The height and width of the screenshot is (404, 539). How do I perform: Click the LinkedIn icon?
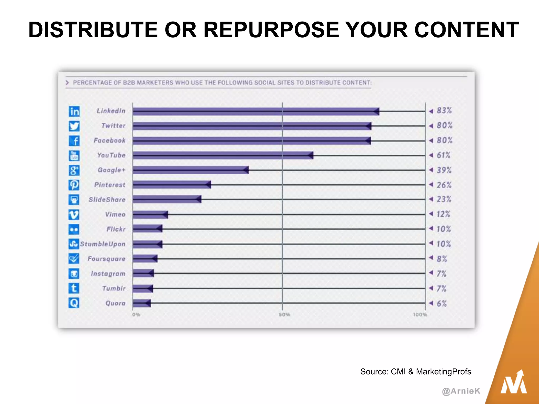pos(74,111)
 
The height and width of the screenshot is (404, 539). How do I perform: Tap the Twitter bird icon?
pos(74,126)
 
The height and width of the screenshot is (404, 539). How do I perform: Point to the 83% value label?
pos(444,110)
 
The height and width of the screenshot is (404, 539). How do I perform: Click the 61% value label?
pos(443,155)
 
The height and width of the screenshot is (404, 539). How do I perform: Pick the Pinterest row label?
pos(110,185)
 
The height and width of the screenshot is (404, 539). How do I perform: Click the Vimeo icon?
pos(74,215)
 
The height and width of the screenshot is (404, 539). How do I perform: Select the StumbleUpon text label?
pos(103,244)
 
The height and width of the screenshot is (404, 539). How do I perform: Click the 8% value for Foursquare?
pos(442,259)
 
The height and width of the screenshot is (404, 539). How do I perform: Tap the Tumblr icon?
pos(74,288)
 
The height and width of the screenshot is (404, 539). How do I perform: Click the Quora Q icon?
pos(74,303)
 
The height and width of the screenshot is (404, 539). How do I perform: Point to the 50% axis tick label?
pos(284,315)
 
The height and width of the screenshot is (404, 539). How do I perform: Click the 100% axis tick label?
pos(420,315)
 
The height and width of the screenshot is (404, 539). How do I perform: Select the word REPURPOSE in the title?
pos(271,30)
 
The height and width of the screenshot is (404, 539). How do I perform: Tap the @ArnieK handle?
pos(461,391)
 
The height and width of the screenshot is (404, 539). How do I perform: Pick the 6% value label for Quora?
pos(442,304)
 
